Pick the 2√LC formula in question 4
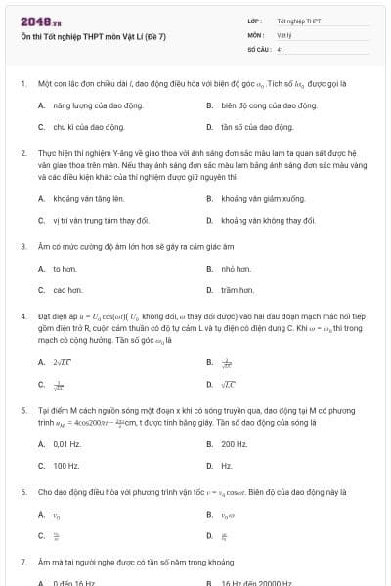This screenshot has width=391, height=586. [64, 361]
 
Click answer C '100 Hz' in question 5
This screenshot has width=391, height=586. [66, 466]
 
